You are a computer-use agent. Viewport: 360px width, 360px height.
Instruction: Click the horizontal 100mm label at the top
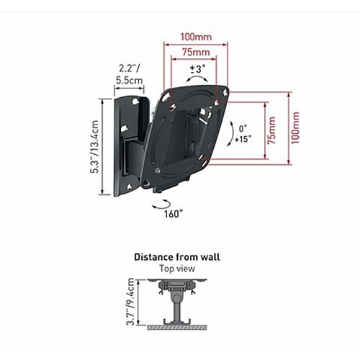tap(196, 37)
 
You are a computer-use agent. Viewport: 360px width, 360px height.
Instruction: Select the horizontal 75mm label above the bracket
tap(196, 52)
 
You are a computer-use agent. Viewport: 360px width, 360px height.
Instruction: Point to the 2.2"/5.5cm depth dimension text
tap(130, 74)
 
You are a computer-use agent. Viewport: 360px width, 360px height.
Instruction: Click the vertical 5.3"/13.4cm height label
tap(94, 147)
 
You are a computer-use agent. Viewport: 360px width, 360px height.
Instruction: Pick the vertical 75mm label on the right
tap(271, 130)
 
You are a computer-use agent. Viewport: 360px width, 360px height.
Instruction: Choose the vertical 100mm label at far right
tap(295, 128)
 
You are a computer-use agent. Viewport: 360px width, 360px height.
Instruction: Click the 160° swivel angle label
tap(174, 214)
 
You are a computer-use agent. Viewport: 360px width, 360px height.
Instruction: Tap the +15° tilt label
tap(243, 139)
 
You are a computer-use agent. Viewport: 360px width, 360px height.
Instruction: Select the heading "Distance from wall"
tap(177, 257)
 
